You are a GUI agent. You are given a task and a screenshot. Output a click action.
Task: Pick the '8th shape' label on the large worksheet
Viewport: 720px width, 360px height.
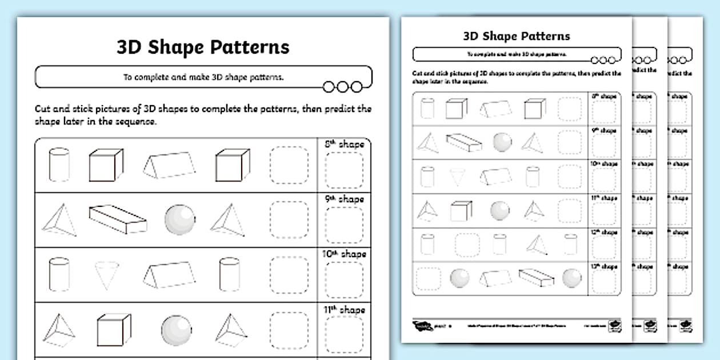(344, 145)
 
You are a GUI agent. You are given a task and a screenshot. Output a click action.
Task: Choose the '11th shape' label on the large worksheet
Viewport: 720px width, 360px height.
(344, 310)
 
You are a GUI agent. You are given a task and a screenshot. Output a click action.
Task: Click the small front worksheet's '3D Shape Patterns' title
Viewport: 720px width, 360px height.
(516, 36)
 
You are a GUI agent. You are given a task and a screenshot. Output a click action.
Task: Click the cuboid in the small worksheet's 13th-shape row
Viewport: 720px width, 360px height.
(536, 277)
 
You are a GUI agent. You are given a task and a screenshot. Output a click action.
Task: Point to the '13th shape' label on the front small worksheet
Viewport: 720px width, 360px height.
(604, 267)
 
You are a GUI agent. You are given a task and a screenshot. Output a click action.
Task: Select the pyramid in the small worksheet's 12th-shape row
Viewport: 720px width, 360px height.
(535, 245)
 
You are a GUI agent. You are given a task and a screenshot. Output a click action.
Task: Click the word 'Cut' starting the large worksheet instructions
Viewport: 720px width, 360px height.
(43, 109)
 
